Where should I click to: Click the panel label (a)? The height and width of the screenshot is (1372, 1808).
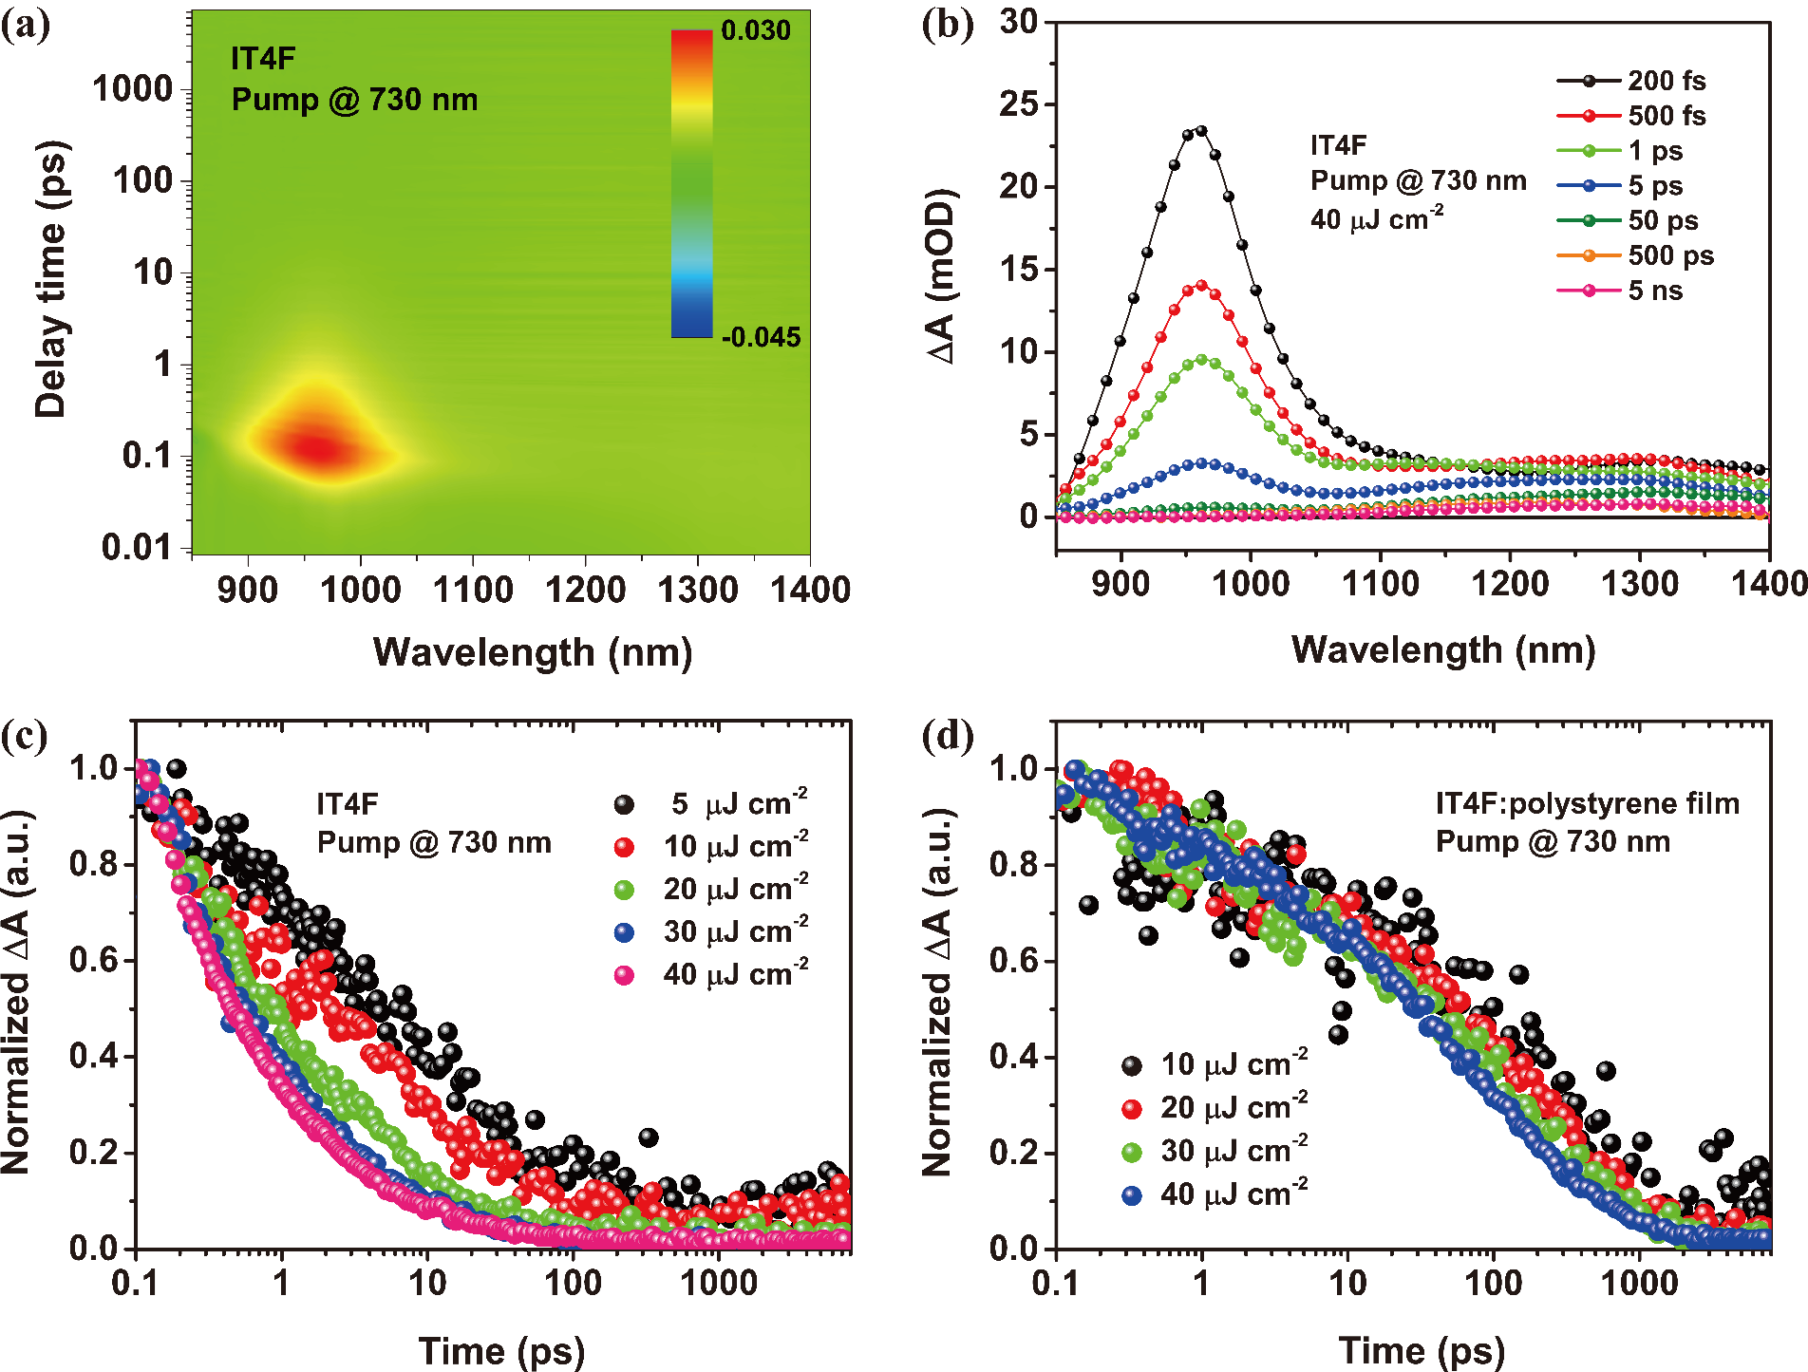tap(26, 26)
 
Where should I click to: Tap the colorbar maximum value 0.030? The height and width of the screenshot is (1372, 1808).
tap(755, 31)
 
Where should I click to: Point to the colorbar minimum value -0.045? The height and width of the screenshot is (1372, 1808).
tap(761, 337)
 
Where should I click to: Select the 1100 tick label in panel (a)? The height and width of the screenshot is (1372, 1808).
tap(473, 591)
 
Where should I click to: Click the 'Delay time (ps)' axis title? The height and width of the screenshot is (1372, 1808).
tap(51, 280)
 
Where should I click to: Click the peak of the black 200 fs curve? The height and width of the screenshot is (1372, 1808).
tap(1201, 131)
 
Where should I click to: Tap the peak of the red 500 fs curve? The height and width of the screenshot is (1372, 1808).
tap(1201, 285)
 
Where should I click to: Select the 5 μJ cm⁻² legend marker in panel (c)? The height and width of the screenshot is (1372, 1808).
tap(624, 805)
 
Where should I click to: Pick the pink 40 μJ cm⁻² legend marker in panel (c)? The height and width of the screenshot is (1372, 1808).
tap(624, 975)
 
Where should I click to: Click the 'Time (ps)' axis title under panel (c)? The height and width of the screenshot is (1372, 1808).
tap(501, 1350)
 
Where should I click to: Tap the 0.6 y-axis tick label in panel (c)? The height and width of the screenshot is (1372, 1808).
tap(93, 960)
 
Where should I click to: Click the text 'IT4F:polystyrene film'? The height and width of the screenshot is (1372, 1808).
tap(1587, 804)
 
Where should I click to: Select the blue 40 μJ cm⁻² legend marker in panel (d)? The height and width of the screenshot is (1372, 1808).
tap(1132, 1194)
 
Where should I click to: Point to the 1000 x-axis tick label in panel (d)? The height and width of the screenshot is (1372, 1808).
tap(1639, 1284)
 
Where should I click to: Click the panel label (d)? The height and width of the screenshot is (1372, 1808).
tap(947, 737)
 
